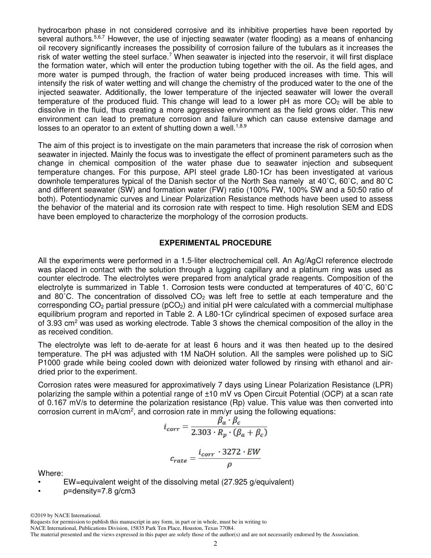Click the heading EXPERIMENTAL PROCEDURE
(x=215, y=243)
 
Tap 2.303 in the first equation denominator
(x=201, y=432)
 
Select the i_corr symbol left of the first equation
(x=172, y=427)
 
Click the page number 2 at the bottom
(x=215, y=543)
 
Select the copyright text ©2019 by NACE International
(x=65, y=515)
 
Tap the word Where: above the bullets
(x=50, y=473)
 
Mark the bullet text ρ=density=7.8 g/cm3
(x=99, y=491)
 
